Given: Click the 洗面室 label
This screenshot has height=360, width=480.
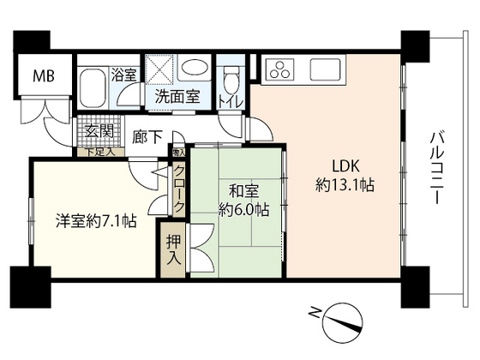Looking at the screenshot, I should pyautogui.click(x=177, y=97).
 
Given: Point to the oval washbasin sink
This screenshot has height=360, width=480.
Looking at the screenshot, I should pyautogui.click(x=195, y=72).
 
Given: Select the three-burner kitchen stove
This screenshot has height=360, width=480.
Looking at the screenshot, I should pyautogui.click(x=279, y=68).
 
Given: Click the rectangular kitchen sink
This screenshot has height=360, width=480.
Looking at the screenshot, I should pyautogui.click(x=327, y=67).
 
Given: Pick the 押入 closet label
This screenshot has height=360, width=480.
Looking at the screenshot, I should pyautogui.click(x=173, y=249).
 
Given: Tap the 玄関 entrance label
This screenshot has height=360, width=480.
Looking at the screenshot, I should pyautogui.click(x=99, y=132).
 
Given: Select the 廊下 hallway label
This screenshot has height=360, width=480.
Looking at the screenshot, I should pyautogui.click(x=146, y=135).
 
